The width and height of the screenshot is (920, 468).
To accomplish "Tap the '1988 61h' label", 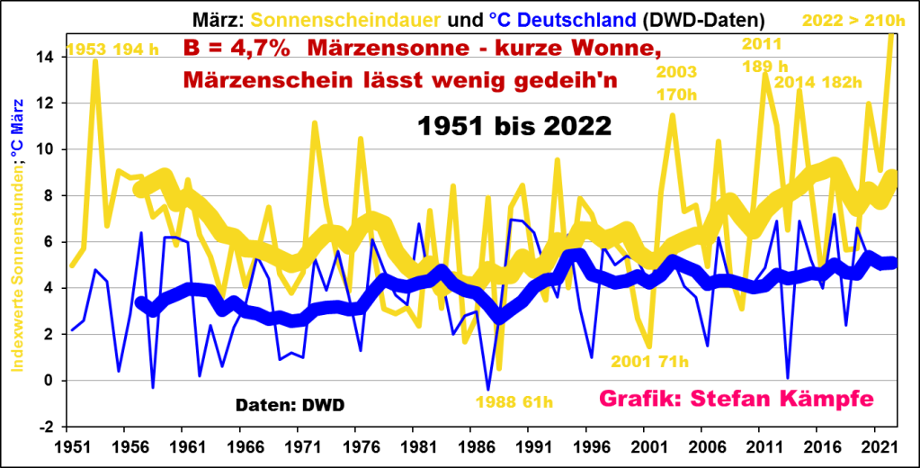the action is click(514, 401).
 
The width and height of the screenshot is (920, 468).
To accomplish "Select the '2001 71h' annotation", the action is click(650, 361).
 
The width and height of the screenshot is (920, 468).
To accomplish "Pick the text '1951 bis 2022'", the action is click(514, 126).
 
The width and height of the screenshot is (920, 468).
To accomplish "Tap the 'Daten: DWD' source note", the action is click(290, 405).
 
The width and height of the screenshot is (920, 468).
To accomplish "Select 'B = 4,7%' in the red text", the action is click(237, 49).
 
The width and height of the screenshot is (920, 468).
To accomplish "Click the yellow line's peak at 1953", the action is click(95, 61).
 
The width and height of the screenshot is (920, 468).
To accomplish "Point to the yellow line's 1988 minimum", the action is click(499, 368).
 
